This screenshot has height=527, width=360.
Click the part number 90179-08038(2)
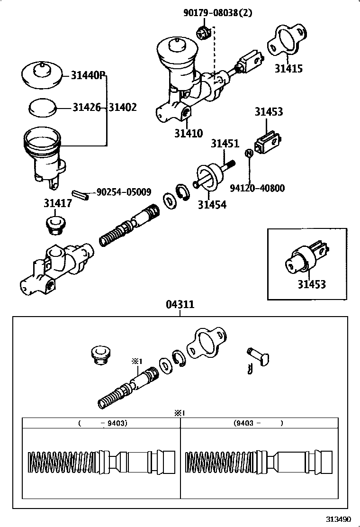(x=217, y=13)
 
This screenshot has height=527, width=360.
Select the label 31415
(x=288, y=68)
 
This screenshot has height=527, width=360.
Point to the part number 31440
(x=87, y=75)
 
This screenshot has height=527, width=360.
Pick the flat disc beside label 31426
(x=42, y=107)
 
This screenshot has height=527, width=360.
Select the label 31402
(x=123, y=108)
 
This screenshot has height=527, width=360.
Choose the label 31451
(x=225, y=143)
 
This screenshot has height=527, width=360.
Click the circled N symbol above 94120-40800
(x=248, y=153)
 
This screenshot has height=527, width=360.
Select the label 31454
(x=212, y=205)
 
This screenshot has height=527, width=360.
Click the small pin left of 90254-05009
(x=81, y=194)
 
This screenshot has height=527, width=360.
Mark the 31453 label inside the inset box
(x=312, y=284)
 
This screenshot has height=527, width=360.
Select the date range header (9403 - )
(x=258, y=423)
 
